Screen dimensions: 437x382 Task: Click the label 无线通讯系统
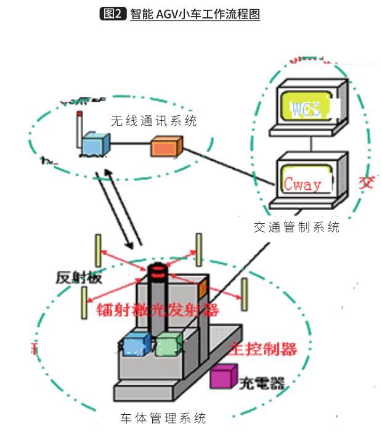click(153, 121)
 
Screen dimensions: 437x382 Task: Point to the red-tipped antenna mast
click(79, 129)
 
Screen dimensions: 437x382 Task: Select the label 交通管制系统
click(296, 227)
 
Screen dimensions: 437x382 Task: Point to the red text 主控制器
click(264, 349)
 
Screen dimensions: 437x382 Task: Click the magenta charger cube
click(223, 376)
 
